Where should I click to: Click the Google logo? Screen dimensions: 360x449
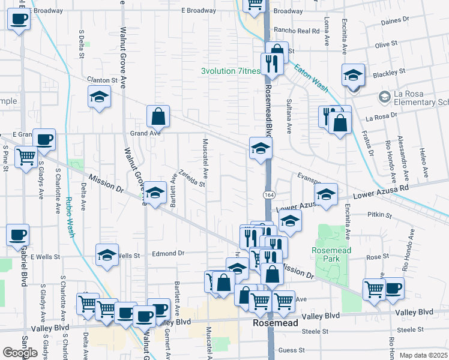pyautogui.click(x=20, y=353)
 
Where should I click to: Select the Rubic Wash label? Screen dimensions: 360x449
pyautogui.click(x=70, y=217)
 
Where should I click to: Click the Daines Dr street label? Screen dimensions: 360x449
pyautogui.click(x=395, y=22)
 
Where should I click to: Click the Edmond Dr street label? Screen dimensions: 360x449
pyautogui.click(x=167, y=253)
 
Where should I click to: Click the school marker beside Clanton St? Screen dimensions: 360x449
pyautogui.click(x=100, y=96)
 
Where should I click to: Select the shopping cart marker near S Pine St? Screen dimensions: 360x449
pyautogui.click(x=25, y=157)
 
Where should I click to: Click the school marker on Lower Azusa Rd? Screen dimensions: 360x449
pyautogui.click(x=326, y=194)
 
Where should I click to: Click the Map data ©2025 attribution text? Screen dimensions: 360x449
pyautogui.click(x=424, y=355)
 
